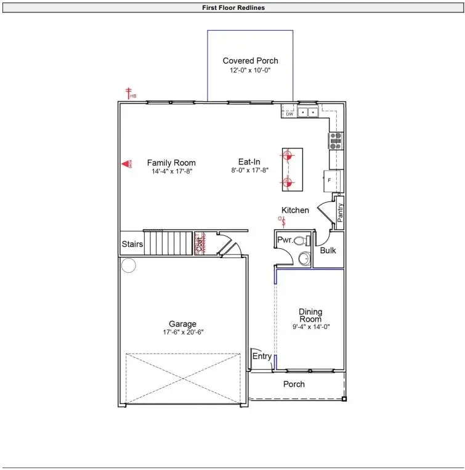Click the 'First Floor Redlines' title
coord(233,8)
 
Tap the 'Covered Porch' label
coord(250,60)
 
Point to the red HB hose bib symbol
coord(130,93)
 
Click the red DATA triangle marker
coord(127,164)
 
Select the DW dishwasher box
coord(289,113)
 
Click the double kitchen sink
coord(308,112)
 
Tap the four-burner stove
coord(337,141)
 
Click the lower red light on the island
coord(286,182)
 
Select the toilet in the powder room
coord(301,241)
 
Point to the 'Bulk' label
coord(328,251)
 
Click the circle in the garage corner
coord(128,265)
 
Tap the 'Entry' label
coord(261,357)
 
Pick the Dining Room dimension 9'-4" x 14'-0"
coord(310,327)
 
